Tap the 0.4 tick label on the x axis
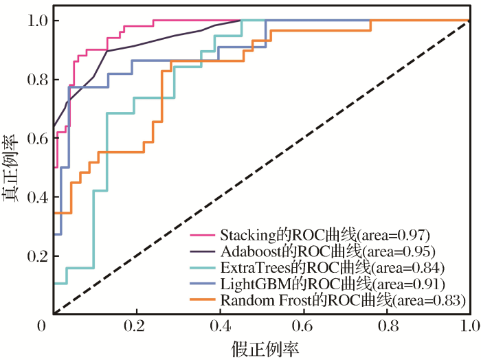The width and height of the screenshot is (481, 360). pos(221,324)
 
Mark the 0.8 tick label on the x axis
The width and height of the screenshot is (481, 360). pos(388,324)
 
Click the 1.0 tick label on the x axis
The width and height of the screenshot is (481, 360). pos(471,324)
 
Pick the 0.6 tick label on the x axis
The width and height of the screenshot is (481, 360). pos(304,324)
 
